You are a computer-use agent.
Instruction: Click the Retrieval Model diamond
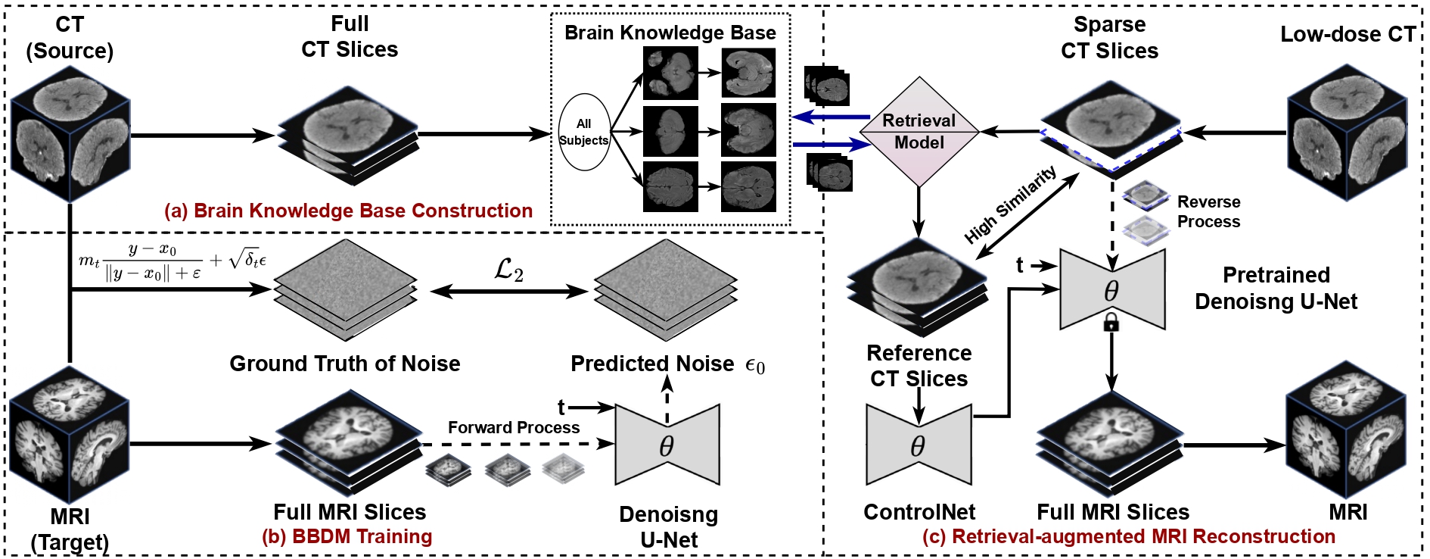[x=919, y=132]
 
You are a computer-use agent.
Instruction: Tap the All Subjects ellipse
[x=583, y=132]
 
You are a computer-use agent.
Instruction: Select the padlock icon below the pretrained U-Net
[x=1111, y=324]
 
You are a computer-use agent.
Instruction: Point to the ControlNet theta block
[x=919, y=445]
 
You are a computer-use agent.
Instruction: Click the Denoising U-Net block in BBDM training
[x=667, y=445]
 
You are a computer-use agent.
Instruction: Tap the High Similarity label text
[x=1011, y=205]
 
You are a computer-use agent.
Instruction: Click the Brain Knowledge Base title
[x=670, y=33]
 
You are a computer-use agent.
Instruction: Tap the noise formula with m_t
[x=173, y=261]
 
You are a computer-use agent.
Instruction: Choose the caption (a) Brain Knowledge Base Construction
[x=349, y=211]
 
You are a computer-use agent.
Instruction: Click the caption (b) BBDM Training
[x=347, y=536]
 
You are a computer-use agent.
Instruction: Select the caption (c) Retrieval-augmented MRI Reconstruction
[x=1128, y=536]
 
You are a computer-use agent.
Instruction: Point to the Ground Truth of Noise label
[x=344, y=364]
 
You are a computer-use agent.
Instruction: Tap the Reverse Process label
[x=1208, y=212]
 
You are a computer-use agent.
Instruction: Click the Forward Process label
[x=513, y=427]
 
